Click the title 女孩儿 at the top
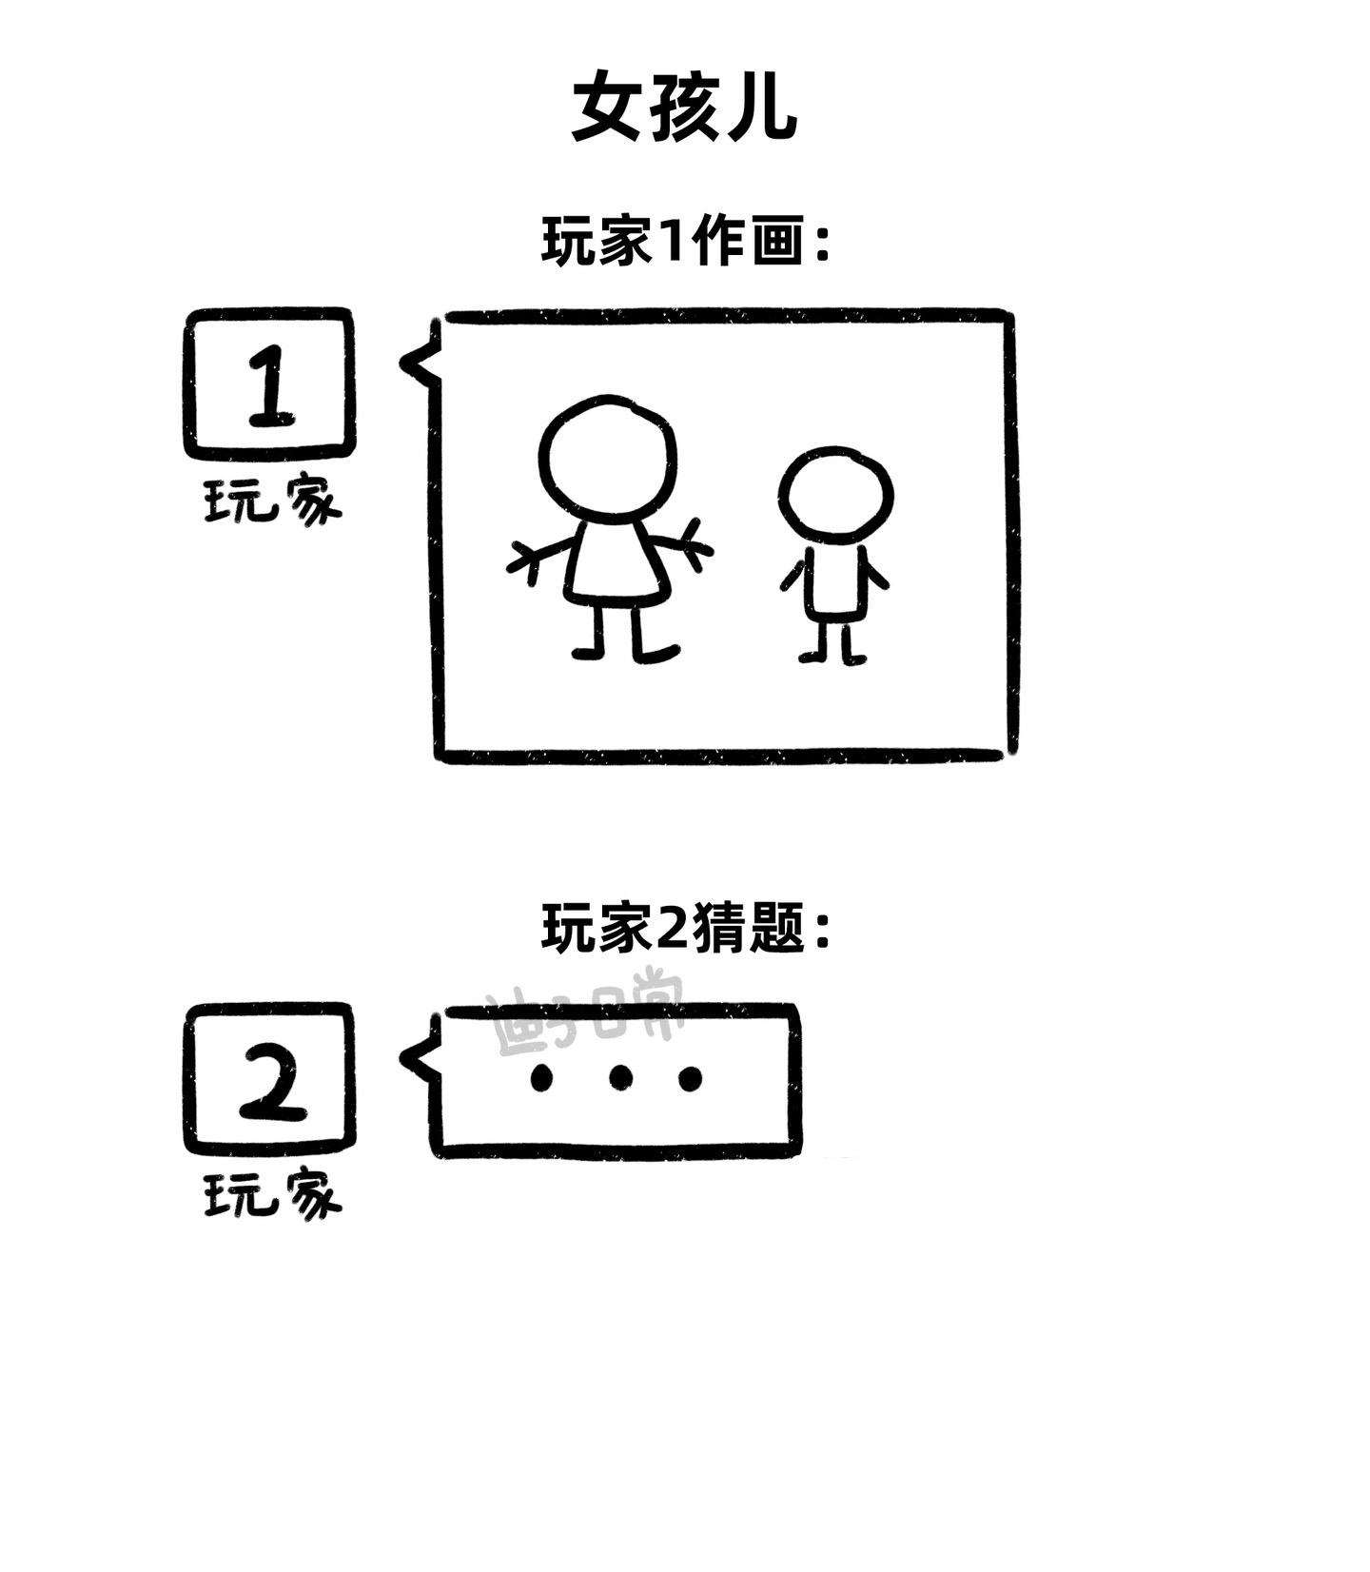[683, 108]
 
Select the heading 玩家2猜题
[685, 928]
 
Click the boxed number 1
[269, 383]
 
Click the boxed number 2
[269, 1078]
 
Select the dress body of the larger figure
[614, 566]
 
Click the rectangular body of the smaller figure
[835, 582]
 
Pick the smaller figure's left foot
[811, 657]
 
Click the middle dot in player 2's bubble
[620, 1078]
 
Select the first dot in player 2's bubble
[541, 1078]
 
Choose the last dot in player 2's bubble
[691, 1078]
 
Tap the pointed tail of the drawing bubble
[411, 364]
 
